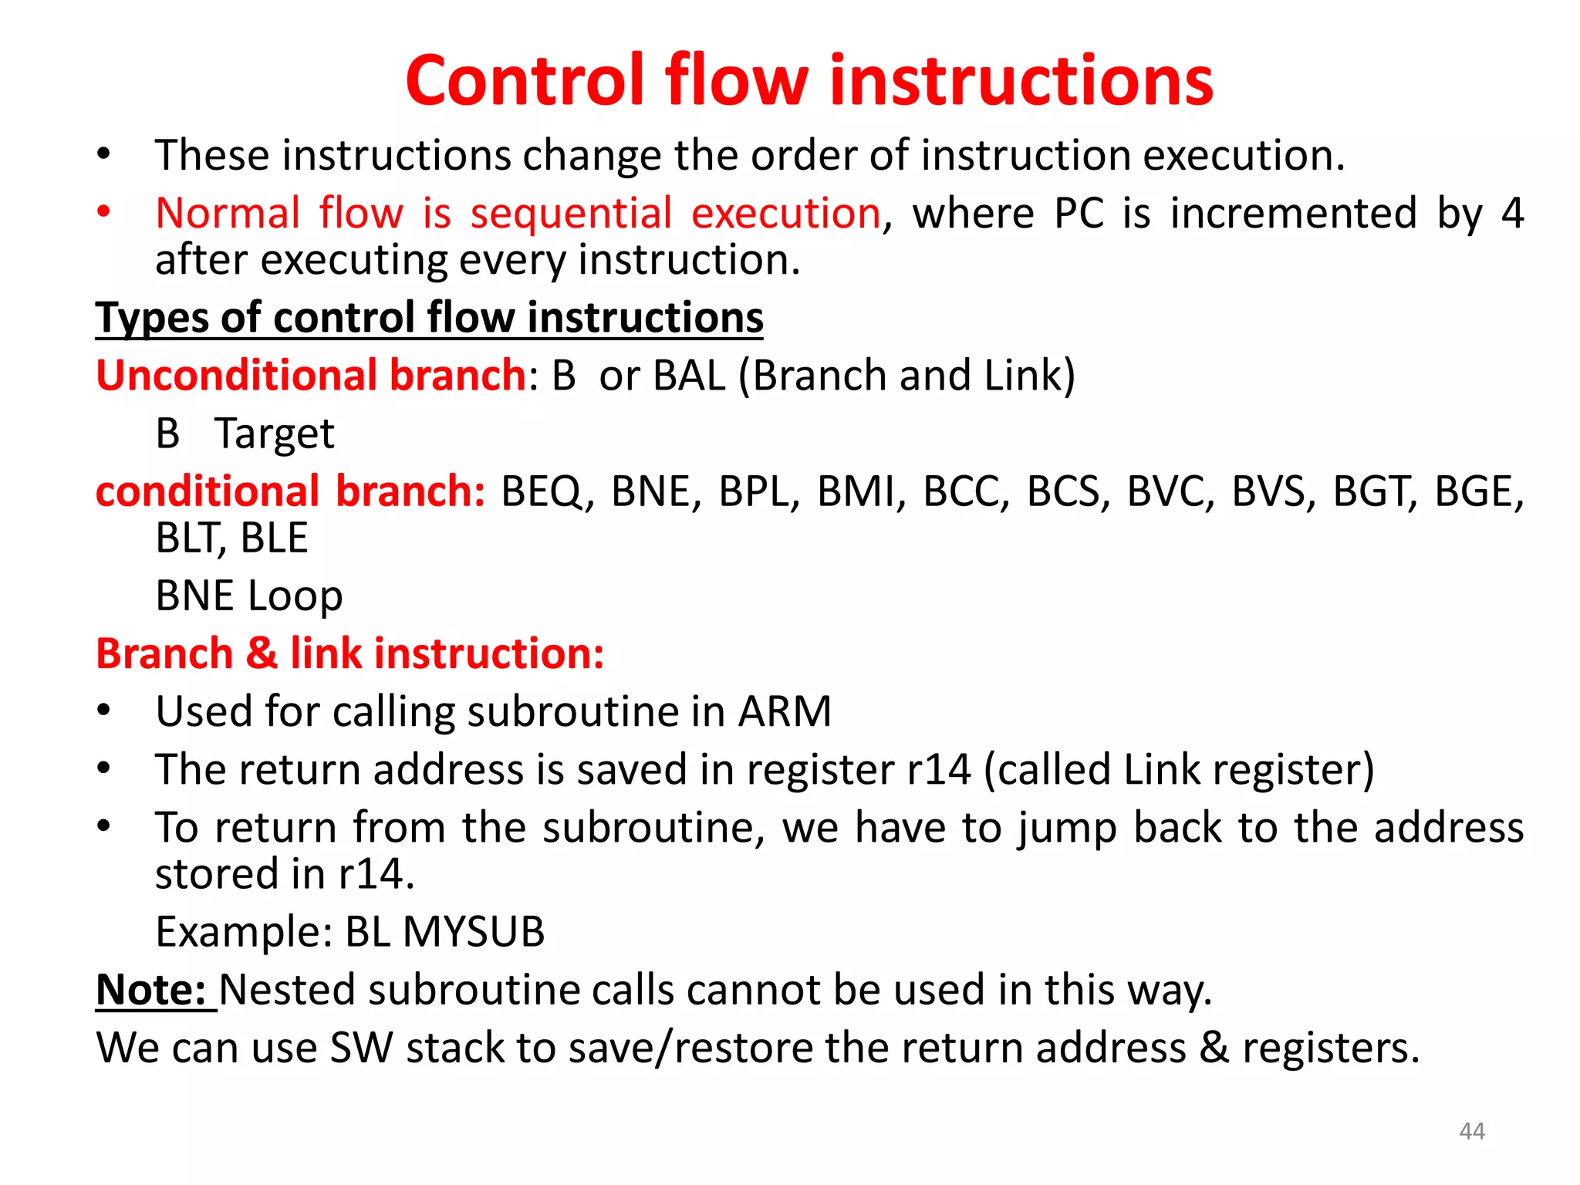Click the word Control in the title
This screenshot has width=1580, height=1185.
[524, 81]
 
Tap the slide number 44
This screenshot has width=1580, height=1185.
[1472, 1131]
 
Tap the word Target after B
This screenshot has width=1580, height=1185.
[274, 434]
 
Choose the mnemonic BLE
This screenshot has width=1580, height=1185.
[274, 538]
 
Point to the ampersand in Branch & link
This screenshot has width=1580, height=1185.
[262, 653]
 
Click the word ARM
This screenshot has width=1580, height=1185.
[784, 711]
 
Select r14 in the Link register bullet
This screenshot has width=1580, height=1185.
[938, 770]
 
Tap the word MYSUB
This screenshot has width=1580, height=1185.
[473, 932]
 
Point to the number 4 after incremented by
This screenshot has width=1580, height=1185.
[1512, 214]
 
